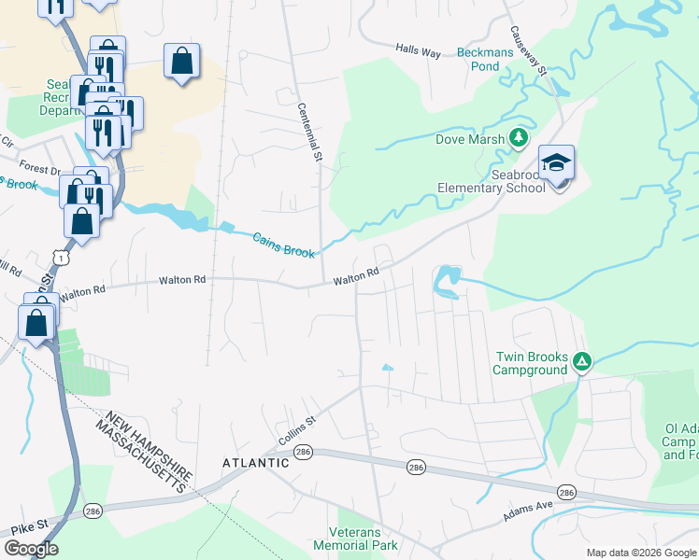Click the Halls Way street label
418,52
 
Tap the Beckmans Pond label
491,60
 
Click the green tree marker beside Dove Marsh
519,140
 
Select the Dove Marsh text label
469,140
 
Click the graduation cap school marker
557,163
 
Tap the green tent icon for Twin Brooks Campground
581,361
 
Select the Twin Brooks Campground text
530,363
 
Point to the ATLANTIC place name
255,462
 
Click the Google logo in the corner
31,549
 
